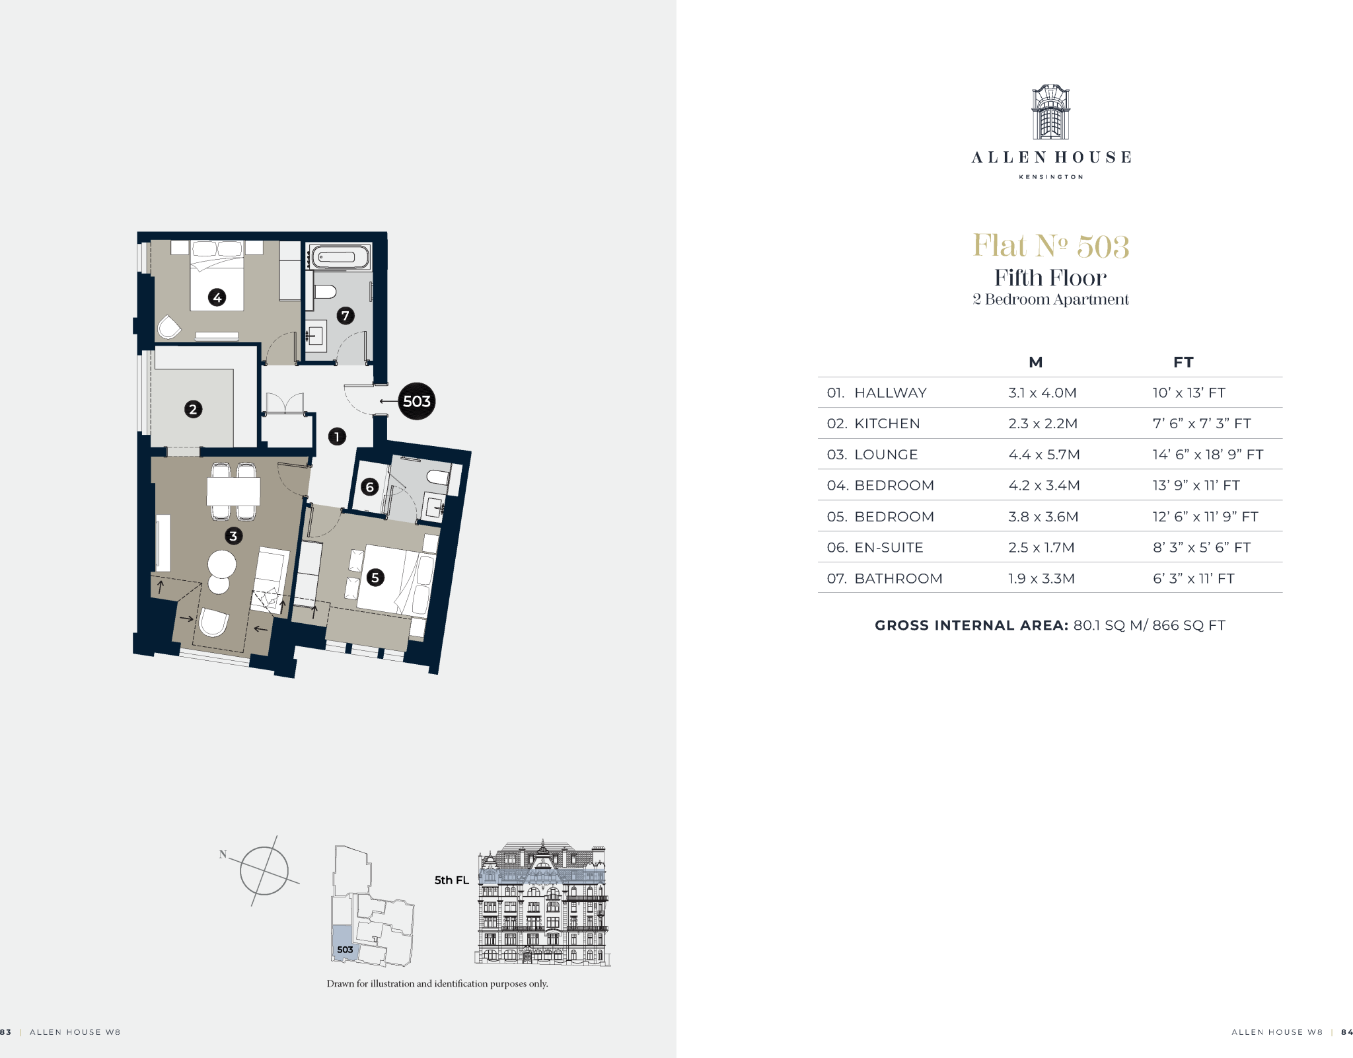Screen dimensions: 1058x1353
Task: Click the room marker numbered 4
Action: tap(217, 297)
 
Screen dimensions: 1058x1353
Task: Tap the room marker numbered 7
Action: tap(346, 316)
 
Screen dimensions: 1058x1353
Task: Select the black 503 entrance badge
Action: tap(417, 401)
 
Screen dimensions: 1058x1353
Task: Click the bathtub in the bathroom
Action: tap(340, 257)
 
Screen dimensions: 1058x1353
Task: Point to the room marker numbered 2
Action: tap(193, 410)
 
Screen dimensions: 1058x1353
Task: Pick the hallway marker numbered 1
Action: tap(337, 437)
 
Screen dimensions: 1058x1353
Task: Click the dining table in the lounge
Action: tap(233, 491)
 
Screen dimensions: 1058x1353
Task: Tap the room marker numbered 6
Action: tap(370, 488)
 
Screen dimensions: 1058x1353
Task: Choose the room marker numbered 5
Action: tap(375, 578)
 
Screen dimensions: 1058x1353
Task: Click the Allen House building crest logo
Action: tap(1050, 112)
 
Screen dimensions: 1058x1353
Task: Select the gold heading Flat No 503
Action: tap(1050, 246)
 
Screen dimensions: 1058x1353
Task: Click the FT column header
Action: tap(1183, 362)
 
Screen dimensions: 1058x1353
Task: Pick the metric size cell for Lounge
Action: tap(1044, 455)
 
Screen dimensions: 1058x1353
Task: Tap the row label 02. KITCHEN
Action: tap(873, 424)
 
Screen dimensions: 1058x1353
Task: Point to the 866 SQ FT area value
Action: tap(1188, 625)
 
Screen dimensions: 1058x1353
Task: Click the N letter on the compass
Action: tap(223, 854)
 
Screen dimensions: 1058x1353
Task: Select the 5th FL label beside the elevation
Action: tap(452, 880)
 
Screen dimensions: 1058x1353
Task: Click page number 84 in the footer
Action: tap(1347, 1032)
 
